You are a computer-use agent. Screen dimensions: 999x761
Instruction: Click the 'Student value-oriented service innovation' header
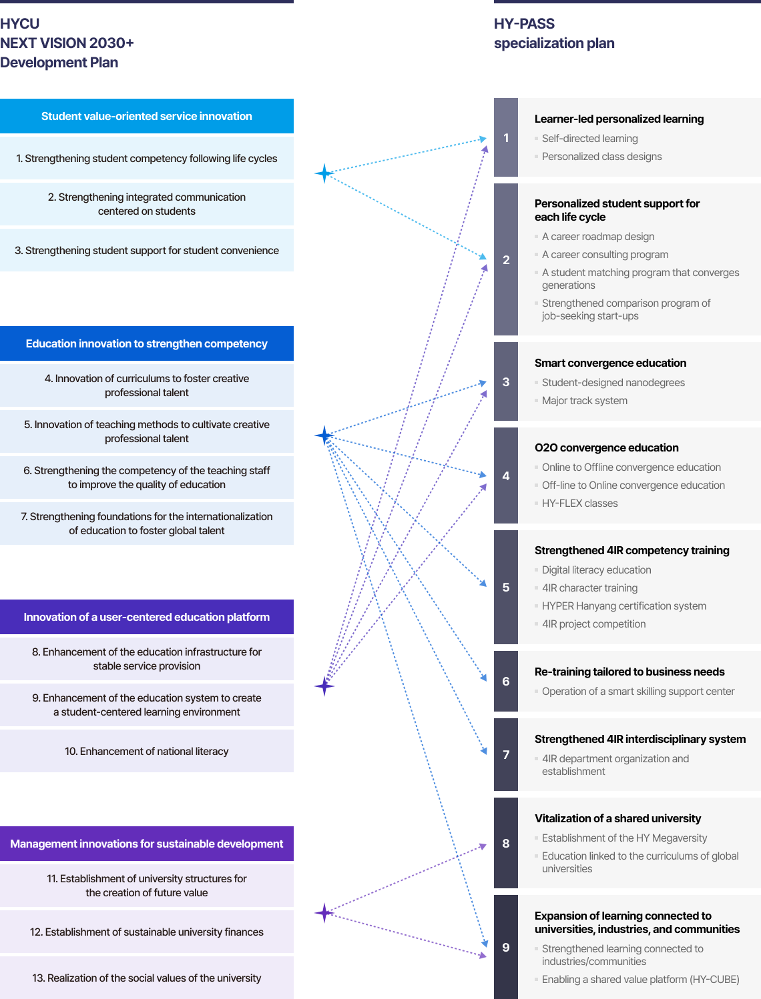pos(147,116)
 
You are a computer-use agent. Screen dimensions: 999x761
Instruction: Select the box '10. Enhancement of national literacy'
pos(147,751)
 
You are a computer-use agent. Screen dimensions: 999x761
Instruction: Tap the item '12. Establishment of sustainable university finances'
pos(147,932)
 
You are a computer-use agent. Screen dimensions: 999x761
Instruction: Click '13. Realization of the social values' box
pos(147,978)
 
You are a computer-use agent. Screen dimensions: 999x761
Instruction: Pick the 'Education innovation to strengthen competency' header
pos(147,343)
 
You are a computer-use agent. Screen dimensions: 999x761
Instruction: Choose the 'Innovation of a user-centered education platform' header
pos(147,617)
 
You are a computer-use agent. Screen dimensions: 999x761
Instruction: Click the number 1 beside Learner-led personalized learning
pos(506,137)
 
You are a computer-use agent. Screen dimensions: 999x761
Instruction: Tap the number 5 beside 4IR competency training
pos(506,587)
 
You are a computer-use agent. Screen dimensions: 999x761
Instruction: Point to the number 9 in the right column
pos(506,947)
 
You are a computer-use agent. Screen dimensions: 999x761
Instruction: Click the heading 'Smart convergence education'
pos(610,363)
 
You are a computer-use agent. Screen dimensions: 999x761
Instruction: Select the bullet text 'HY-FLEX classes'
pos(579,504)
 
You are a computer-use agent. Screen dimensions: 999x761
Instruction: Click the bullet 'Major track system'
pos(585,401)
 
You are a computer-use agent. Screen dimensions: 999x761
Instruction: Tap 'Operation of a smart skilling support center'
pos(638,692)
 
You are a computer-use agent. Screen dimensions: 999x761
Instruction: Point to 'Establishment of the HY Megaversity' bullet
pos(624,838)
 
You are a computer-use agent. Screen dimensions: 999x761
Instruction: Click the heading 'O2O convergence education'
pos(606,447)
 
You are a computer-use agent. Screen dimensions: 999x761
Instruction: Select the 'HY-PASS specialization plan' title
pos(554,33)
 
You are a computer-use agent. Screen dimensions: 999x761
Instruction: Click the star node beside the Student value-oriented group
pos(324,173)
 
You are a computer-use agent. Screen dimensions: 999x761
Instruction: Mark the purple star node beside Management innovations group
pos(324,912)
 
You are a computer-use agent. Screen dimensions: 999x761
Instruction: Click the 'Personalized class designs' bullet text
pos(601,157)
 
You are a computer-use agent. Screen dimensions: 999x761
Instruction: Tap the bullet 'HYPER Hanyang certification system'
pos(624,606)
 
